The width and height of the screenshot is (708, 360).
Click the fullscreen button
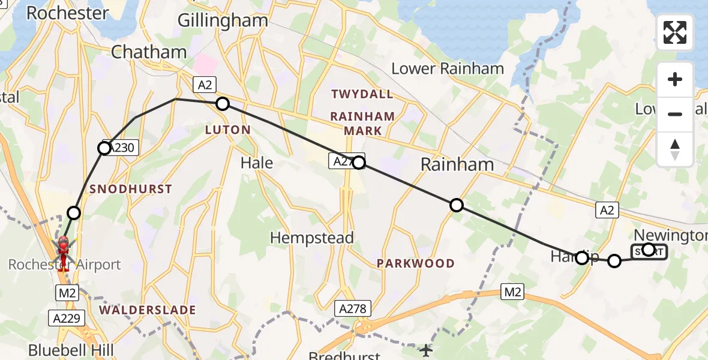tap(675, 32)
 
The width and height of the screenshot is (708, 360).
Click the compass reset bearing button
tap(675, 149)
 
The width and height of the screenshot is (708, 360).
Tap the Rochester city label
tap(67, 13)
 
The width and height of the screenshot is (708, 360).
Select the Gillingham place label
tap(223, 20)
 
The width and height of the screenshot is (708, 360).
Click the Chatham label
tap(149, 52)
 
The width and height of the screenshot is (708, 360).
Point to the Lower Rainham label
tap(447, 68)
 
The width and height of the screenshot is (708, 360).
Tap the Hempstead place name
tap(311, 238)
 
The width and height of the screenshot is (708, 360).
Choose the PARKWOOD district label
tap(415, 263)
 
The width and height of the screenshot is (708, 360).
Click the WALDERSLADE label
tap(148, 310)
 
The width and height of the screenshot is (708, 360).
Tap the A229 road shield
tap(65, 319)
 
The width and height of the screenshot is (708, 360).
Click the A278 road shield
tap(353, 308)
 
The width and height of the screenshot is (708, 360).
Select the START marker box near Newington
tap(649, 252)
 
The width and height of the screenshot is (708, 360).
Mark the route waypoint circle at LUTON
tap(223, 104)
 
